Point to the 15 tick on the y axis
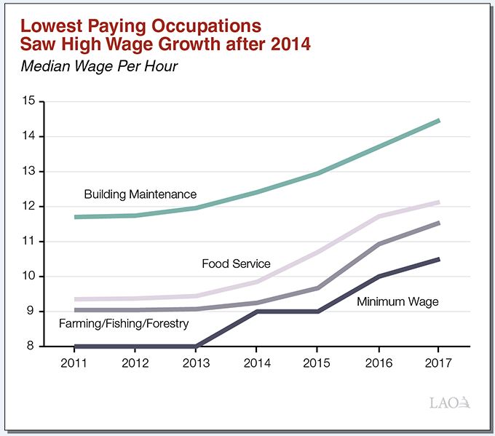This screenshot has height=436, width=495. pyautogui.click(x=29, y=101)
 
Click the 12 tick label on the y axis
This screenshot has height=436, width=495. pyautogui.click(x=29, y=206)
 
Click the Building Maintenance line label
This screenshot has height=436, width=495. pyautogui.click(x=140, y=194)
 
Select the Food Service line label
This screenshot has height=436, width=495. pyautogui.click(x=236, y=263)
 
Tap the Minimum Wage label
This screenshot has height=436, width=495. pyautogui.click(x=397, y=301)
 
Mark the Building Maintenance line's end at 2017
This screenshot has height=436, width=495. pyautogui.click(x=439, y=120)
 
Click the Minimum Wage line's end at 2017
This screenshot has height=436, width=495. pyautogui.click(x=439, y=259)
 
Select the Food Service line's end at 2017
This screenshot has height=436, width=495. pyautogui.click(x=439, y=202)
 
